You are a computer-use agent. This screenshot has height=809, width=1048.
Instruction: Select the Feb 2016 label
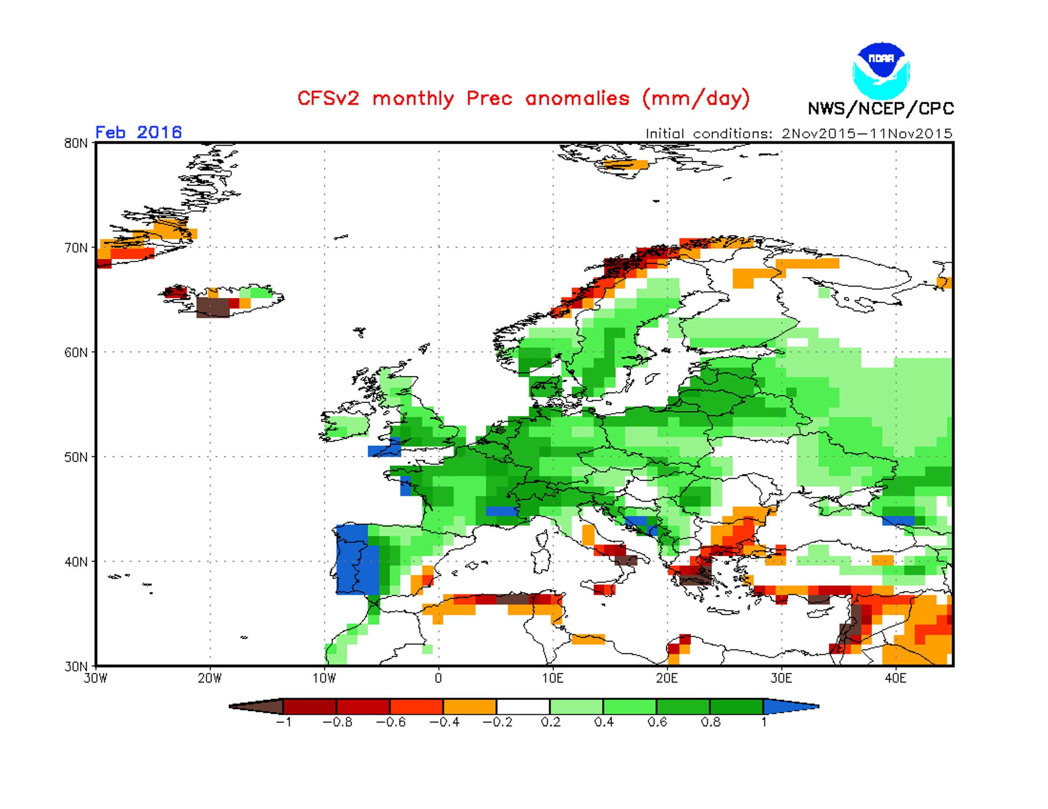[x=139, y=132]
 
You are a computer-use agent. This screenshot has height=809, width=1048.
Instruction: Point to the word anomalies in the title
[x=577, y=98]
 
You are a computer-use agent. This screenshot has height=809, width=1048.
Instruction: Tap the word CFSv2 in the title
[x=328, y=98]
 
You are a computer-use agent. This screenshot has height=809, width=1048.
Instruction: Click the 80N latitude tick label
[x=76, y=143]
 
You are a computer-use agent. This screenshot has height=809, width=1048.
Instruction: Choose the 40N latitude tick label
[x=76, y=562]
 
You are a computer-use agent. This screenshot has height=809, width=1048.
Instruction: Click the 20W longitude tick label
[x=210, y=678]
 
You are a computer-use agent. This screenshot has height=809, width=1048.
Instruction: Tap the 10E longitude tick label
[x=553, y=678]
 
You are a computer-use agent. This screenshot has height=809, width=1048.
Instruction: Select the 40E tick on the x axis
[x=895, y=678]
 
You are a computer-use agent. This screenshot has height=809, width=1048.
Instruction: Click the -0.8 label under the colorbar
[x=337, y=722]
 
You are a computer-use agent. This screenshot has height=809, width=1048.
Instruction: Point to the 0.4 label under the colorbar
[x=603, y=722]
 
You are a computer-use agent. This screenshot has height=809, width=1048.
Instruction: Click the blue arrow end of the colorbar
[x=791, y=706]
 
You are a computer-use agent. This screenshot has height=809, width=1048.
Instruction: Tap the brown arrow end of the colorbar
[x=256, y=706]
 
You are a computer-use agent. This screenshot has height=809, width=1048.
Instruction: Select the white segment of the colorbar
[x=523, y=706]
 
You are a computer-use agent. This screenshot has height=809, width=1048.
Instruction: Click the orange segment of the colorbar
[x=470, y=706]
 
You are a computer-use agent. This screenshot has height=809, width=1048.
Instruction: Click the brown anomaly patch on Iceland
[x=213, y=308]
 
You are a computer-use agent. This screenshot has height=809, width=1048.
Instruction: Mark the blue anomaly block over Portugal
[x=358, y=560]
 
